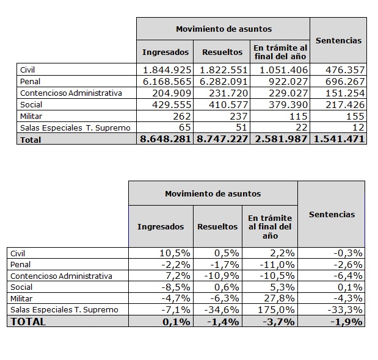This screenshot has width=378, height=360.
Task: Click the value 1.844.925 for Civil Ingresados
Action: [x=166, y=70]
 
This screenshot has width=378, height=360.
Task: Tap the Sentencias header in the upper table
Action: [x=338, y=40]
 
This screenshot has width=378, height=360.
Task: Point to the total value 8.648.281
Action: [x=166, y=139]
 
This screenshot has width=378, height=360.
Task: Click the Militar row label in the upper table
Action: [x=31, y=116]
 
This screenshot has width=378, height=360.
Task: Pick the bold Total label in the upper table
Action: [x=31, y=140]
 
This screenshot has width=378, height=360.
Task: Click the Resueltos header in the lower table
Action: [x=217, y=226]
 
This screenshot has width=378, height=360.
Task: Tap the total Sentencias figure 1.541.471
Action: [x=339, y=139]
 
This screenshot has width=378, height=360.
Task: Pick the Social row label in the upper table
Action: [x=30, y=104]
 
